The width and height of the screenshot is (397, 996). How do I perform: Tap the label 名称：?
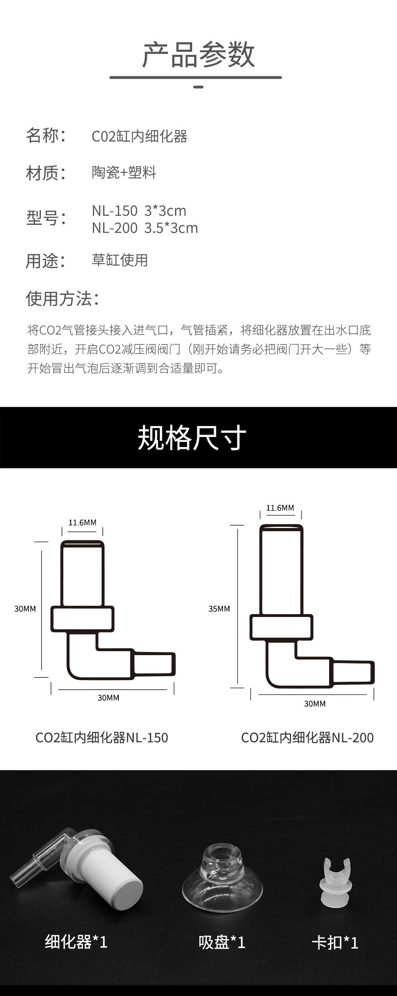tap(46, 135)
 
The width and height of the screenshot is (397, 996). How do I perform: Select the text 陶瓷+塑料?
tap(124, 172)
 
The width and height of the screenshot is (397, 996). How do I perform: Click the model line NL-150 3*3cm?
tap(139, 211)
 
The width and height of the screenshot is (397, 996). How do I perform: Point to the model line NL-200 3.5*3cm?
tap(145, 228)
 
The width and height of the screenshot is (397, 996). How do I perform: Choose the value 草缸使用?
tap(119, 260)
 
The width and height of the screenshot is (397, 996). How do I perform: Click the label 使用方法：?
tap(63, 299)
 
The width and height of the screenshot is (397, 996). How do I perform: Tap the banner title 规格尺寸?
tap(192, 438)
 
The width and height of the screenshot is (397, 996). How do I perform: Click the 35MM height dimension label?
tap(219, 609)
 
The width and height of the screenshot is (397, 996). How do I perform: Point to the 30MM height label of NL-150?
tap(25, 609)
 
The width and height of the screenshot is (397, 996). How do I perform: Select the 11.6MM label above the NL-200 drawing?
tap(280, 508)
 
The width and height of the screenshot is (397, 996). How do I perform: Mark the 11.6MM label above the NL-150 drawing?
tap(82, 522)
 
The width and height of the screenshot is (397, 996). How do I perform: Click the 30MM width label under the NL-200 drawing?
tap(314, 704)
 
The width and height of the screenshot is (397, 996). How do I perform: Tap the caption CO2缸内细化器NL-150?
tap(102, 737)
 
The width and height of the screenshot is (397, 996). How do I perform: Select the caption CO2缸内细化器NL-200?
tap(307, 737)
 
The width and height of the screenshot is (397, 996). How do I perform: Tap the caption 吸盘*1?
tap(222, 942)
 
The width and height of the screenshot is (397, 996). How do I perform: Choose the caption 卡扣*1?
tap(335, 942)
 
